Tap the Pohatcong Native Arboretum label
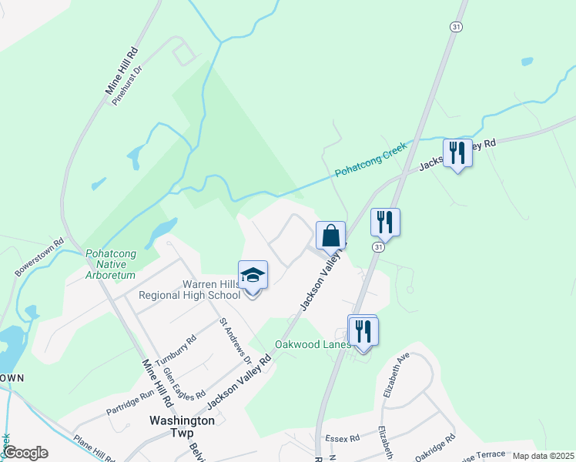pos(110,263)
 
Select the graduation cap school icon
pos(253,275)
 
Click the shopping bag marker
pos(330,236)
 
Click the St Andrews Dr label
pos(236,341)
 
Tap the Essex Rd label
pos(343,438)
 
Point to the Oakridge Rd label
pos(434,447)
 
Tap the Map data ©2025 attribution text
pos(544,456)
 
